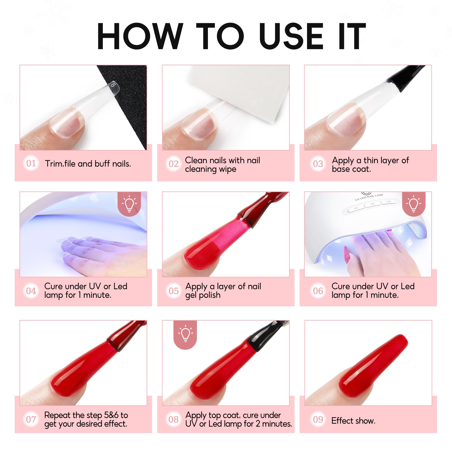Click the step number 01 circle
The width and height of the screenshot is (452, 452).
click(31, 163)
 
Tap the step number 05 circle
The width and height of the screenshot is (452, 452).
click(173, 291)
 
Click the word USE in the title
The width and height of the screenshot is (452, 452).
click(291, 36)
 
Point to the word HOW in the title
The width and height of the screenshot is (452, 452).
click(140, 36)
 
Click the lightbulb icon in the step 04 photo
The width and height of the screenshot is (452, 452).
click(129, 203)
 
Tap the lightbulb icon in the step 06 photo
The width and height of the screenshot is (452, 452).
click(414, 203)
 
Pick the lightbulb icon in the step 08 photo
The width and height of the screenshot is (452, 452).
click(185, 334)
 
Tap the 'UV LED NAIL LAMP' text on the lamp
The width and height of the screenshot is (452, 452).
click(369, 197)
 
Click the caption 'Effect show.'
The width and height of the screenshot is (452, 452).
click(353, 421)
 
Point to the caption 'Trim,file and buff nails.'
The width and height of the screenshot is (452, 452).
click(88, 164)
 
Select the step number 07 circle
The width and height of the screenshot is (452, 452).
click(31, 419)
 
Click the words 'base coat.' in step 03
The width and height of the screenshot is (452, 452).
click(351, 169)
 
